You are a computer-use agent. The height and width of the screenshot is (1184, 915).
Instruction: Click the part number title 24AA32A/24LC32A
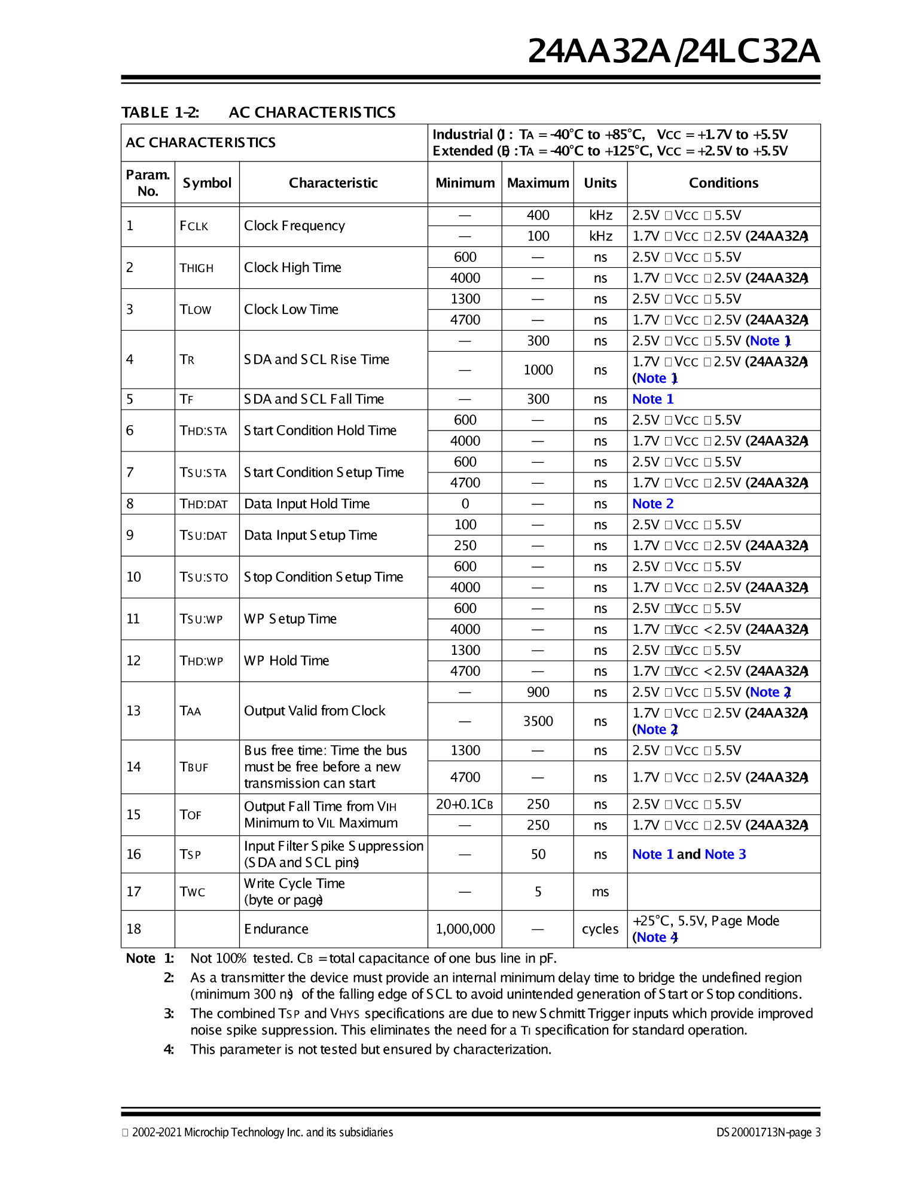pos(673,51)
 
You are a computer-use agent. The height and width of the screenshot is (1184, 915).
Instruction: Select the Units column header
pos(600,183)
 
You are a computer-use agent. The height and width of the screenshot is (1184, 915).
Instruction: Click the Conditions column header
pos(723,183)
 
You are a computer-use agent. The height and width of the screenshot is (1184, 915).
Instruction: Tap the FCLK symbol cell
pos(194,226)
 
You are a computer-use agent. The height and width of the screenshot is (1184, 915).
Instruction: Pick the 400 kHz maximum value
pos(538,215)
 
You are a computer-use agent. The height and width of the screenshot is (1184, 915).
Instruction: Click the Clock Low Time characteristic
pos(291,310)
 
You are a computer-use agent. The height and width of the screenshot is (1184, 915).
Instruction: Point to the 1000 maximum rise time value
pos(538,370)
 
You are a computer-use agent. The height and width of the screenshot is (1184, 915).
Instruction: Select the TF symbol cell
pos(187,399)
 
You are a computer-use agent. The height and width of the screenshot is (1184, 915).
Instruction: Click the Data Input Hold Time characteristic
pos(307,504)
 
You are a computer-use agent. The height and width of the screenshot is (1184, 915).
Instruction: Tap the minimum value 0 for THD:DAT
pos(465,504)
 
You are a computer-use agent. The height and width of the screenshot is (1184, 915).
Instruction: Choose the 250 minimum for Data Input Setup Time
pos(465,546)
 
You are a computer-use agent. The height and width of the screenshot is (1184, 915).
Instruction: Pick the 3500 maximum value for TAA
pos(538,722)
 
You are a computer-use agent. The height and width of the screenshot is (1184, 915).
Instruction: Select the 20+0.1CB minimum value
pos(465,804)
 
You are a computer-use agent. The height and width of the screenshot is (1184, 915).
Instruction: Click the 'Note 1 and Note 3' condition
pos(689,855)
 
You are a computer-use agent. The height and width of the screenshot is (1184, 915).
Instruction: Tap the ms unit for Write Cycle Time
pos(600,892)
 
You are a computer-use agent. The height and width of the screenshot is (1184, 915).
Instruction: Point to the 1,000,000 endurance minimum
pos(465,929)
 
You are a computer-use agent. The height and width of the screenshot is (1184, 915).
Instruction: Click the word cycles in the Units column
pos(600,929)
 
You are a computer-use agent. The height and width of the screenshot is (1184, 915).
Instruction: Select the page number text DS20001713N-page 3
pos(768,1133)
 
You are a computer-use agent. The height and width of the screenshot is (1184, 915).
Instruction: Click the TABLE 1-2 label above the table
pos(160,112)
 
